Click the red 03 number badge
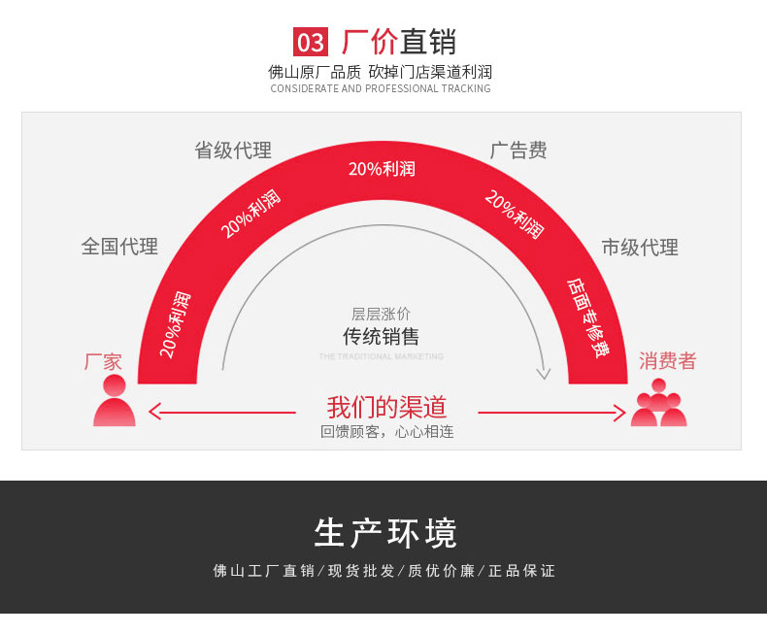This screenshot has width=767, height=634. click(311, 42)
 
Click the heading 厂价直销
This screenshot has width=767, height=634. click(399, 42)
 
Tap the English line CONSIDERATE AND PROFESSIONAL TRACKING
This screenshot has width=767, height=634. click(381, 88)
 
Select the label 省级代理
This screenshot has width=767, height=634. click(233, 150)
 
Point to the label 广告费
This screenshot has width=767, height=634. click(518, 150)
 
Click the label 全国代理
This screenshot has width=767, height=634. click(119, 246)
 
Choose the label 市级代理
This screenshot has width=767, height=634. click(640, 247)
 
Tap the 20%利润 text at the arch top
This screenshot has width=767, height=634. click(382, 169)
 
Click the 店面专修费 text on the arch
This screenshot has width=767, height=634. click(589, 318)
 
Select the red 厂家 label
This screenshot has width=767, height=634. click(103, 362)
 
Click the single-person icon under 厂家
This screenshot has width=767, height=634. click(115, 400)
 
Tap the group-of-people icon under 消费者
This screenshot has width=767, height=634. click(658, 403)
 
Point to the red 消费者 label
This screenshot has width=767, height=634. click(667, 361)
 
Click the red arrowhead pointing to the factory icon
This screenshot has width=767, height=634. click(154, 412)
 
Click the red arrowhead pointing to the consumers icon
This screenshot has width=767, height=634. click(619, 413)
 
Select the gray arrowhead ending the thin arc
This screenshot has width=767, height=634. click(544, 373)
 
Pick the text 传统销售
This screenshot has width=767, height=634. click(381, 337)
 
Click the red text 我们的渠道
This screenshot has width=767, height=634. click(386, 407)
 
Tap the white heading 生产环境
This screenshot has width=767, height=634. click(385, 533)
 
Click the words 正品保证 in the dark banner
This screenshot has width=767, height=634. click(521, 570)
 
